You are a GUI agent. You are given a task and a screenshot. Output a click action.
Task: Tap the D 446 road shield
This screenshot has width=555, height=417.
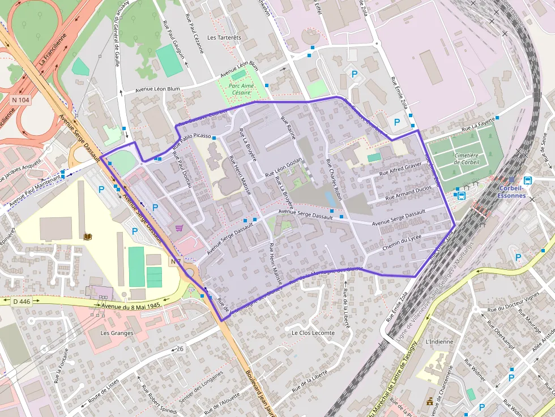(x=21, y=302)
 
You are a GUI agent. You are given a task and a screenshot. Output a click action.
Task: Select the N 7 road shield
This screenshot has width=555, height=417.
(x=176, y=261)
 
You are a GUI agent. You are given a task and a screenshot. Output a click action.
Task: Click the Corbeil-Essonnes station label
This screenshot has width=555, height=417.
(x=513, y=192)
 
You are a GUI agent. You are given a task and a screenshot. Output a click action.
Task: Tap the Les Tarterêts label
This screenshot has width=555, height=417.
(x=224, y=38)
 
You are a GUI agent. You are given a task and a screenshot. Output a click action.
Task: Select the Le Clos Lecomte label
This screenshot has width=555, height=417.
(x=313, y=333)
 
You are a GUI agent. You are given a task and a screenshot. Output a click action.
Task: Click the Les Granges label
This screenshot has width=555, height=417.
(x=117, y=333)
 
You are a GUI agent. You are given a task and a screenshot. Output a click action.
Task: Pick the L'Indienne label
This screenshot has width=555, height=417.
(x=439, y=342)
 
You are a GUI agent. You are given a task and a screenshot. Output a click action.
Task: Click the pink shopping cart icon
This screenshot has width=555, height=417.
(x=179, y=228)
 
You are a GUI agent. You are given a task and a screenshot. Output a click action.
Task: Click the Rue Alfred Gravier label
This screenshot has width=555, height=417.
(x=400, y=169)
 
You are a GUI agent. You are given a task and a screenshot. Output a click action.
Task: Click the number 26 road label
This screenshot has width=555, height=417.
(x=180, y=347)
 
